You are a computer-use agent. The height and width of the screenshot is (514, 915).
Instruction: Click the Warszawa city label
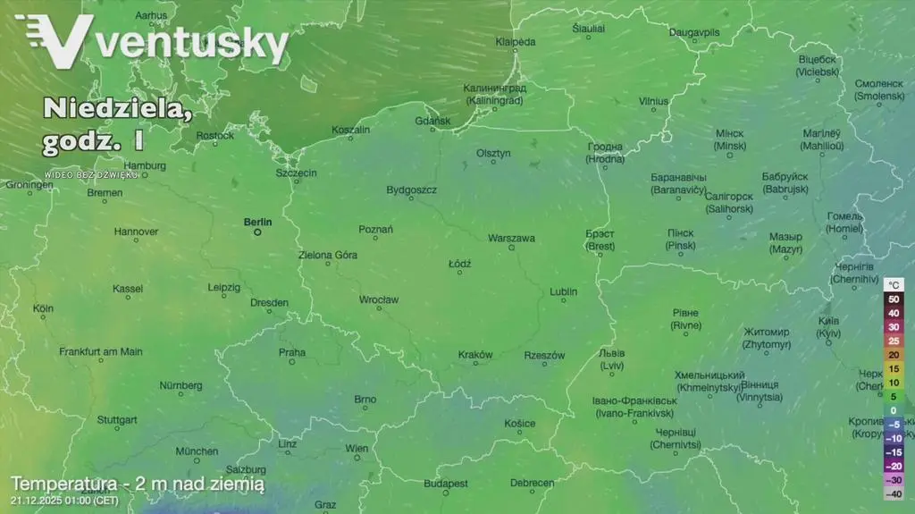click(x=511, y=239)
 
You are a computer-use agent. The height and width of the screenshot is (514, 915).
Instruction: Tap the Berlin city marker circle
click(x=257, y=232)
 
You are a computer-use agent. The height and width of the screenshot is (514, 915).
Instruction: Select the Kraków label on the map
click(x=474, y=355)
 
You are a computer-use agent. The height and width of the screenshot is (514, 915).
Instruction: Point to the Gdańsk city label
click(x=433, y=122)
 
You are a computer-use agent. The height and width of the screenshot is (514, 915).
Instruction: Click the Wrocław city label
click(x=378, y=299)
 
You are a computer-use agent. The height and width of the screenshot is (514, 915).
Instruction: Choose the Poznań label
click(x=375, y=230)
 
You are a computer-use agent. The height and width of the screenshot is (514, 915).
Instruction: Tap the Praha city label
click(x=291, y=352)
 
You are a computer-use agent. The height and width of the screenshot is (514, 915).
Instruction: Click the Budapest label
click(x=446, y=484)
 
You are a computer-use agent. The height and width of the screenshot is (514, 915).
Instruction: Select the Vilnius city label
click(x=653, y=102)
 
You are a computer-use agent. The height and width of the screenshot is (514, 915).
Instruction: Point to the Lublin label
click(x=563, y=291)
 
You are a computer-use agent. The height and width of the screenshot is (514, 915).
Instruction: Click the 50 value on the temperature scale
click(x=894, y=299)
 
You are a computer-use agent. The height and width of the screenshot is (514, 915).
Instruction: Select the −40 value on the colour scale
click(x=894, y=493)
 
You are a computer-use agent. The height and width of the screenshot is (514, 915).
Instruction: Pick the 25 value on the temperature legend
click(x=894, y=341)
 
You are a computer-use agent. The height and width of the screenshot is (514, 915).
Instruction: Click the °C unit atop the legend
click(x=894, y=284)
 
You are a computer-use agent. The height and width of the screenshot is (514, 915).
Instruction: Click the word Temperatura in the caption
click(x=64, y=484)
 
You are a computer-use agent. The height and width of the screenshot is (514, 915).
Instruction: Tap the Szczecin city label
click(x=296, y=173)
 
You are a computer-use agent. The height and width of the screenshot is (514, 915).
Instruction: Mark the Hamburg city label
click(x=144, y=165)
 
